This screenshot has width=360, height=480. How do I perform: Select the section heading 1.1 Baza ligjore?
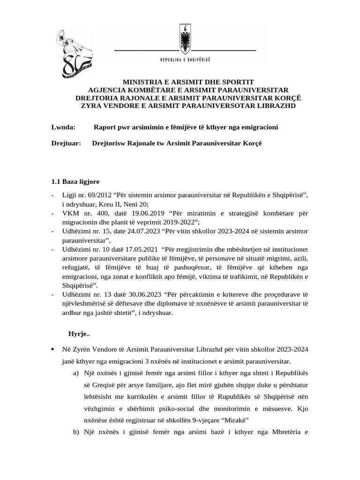[x=75, y=181]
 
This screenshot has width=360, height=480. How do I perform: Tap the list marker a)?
[x=75, y=373]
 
